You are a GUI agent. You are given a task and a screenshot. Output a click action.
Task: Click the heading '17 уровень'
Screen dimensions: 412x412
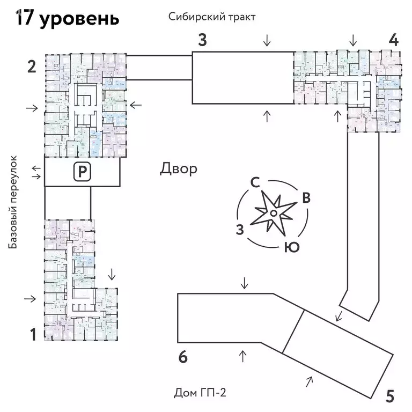[67, 18]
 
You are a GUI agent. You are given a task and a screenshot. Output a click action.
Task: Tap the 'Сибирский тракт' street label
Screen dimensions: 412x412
[211, 17]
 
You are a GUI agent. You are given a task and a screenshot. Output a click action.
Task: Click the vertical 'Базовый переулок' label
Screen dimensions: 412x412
[14, 202]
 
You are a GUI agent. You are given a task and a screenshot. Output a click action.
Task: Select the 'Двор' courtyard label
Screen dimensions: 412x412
[179, 169]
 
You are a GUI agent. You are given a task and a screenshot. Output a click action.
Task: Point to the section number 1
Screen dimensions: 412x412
[33, 335]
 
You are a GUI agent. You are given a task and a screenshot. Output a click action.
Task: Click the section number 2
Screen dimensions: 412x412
[32, 67]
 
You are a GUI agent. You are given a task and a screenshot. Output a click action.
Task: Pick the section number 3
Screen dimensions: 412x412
[202, 40]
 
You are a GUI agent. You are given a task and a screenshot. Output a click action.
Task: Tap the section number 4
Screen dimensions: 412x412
[393, 40]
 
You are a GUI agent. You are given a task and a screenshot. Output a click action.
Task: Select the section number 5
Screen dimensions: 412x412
[390, 396]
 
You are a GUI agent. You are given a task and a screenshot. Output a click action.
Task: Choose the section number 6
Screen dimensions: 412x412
[183, 357]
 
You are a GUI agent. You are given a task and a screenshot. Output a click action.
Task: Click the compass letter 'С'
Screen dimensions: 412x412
[255, 182]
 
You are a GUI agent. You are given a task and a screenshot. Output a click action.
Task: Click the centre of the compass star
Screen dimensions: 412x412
[273, 214]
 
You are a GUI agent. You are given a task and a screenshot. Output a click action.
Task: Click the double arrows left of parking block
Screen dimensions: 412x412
[36, 172]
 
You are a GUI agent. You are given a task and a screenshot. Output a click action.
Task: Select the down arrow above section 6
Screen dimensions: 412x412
[245, 283]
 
